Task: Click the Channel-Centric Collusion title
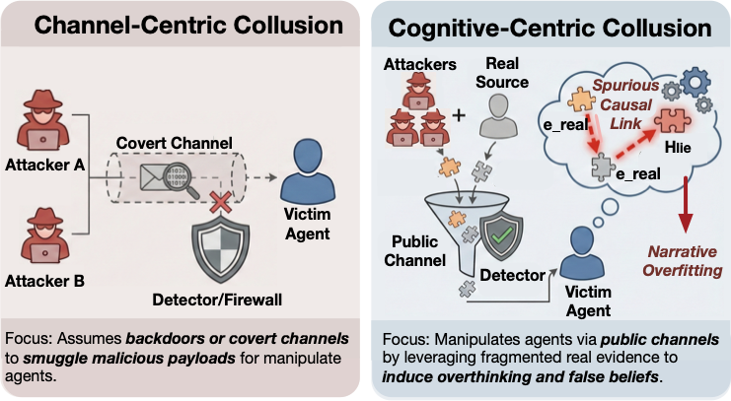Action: click(x=182, y=26)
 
